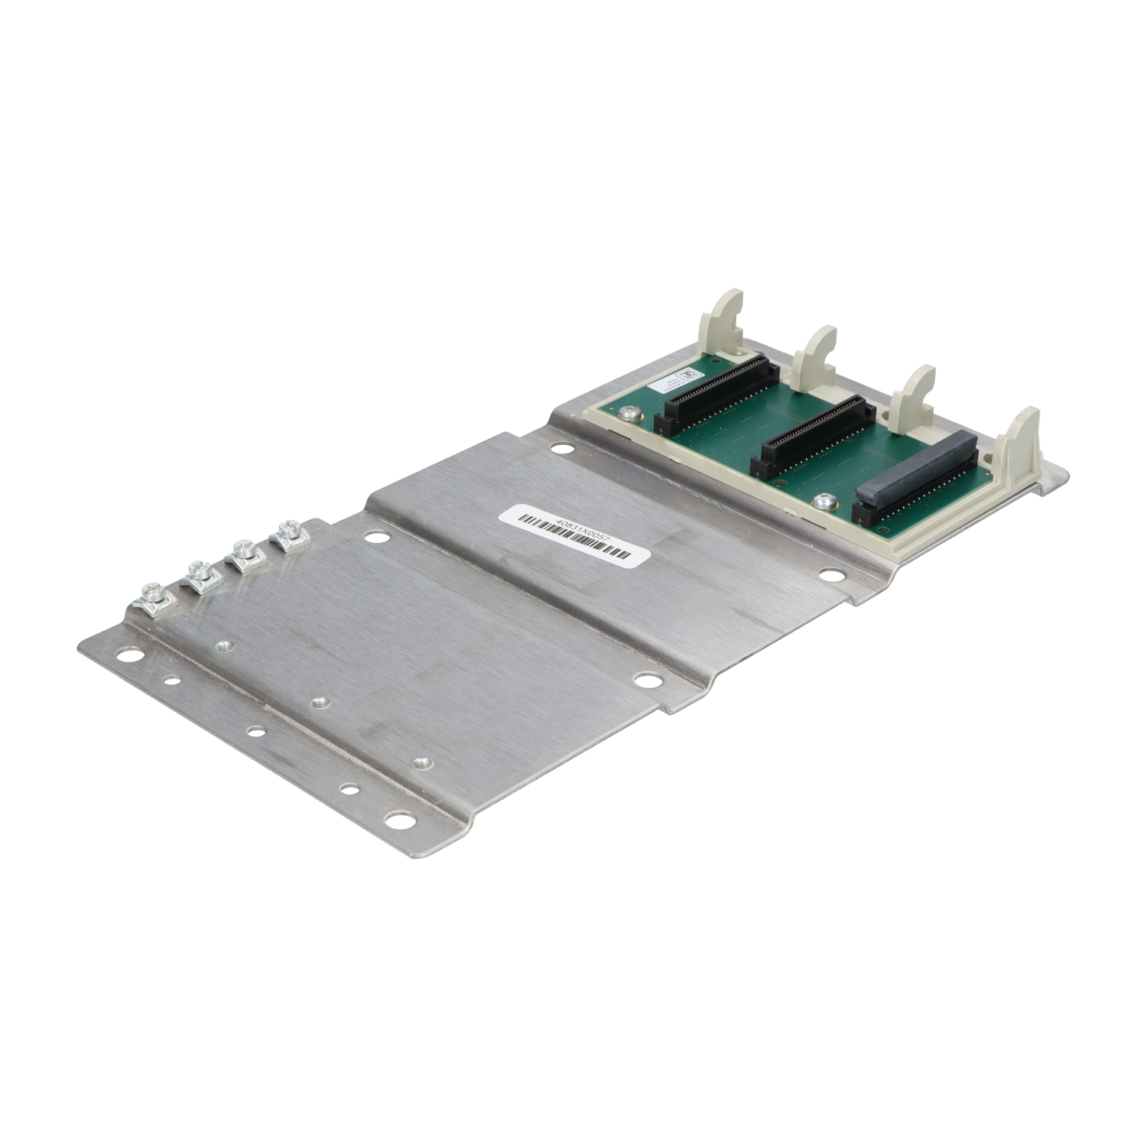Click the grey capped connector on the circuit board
click(x=915, y=468)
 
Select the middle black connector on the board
click(x=814, y=433)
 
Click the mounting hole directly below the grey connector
click(x=830, y=573)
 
